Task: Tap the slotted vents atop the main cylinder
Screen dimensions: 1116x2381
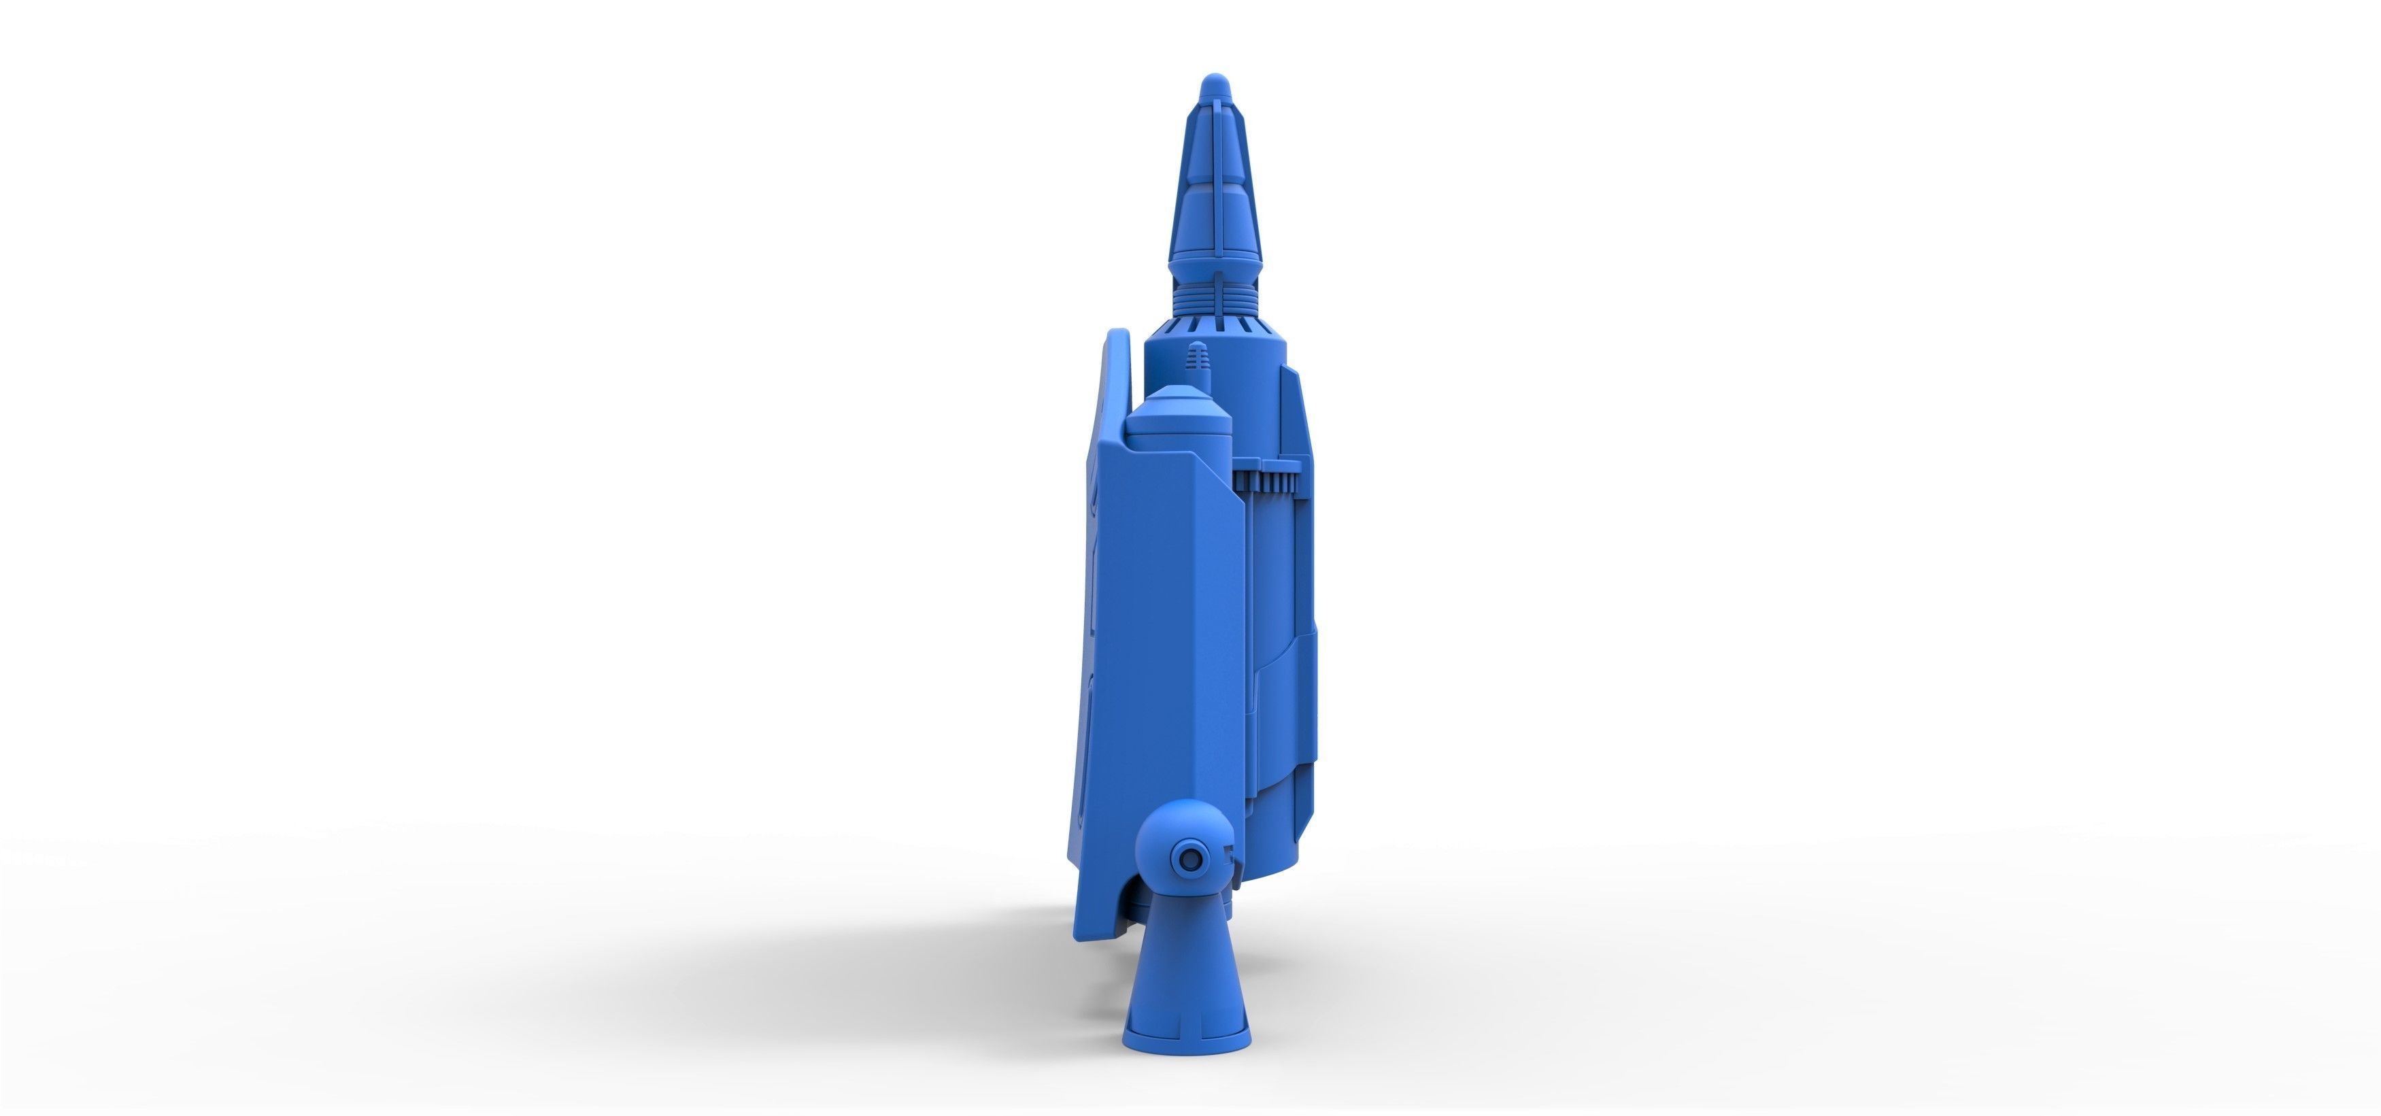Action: (x=1213, y=324)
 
